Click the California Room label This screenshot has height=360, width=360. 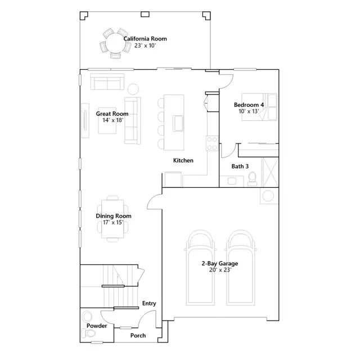[145, 39]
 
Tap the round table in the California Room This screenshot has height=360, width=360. [115, 43]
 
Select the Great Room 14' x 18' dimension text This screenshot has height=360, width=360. [112, 120]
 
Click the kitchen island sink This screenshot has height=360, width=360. [178, 123]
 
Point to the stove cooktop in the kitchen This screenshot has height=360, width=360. [212, 143]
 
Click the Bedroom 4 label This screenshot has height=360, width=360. [249, 105]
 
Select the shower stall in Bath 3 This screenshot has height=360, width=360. [270, 172]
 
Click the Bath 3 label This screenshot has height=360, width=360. [240, 166]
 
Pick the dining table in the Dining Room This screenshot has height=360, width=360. [112, 219]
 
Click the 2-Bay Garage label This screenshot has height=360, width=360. [220, 263]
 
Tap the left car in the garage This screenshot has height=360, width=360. [200, 268]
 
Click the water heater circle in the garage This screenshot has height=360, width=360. [268, 196]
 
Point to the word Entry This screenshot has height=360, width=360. [149, 303]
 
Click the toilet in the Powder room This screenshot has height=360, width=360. [88, 333]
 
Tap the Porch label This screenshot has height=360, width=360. [138, 335]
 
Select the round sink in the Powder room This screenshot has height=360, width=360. [87, 316]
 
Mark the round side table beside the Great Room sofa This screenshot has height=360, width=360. [133, 89]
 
